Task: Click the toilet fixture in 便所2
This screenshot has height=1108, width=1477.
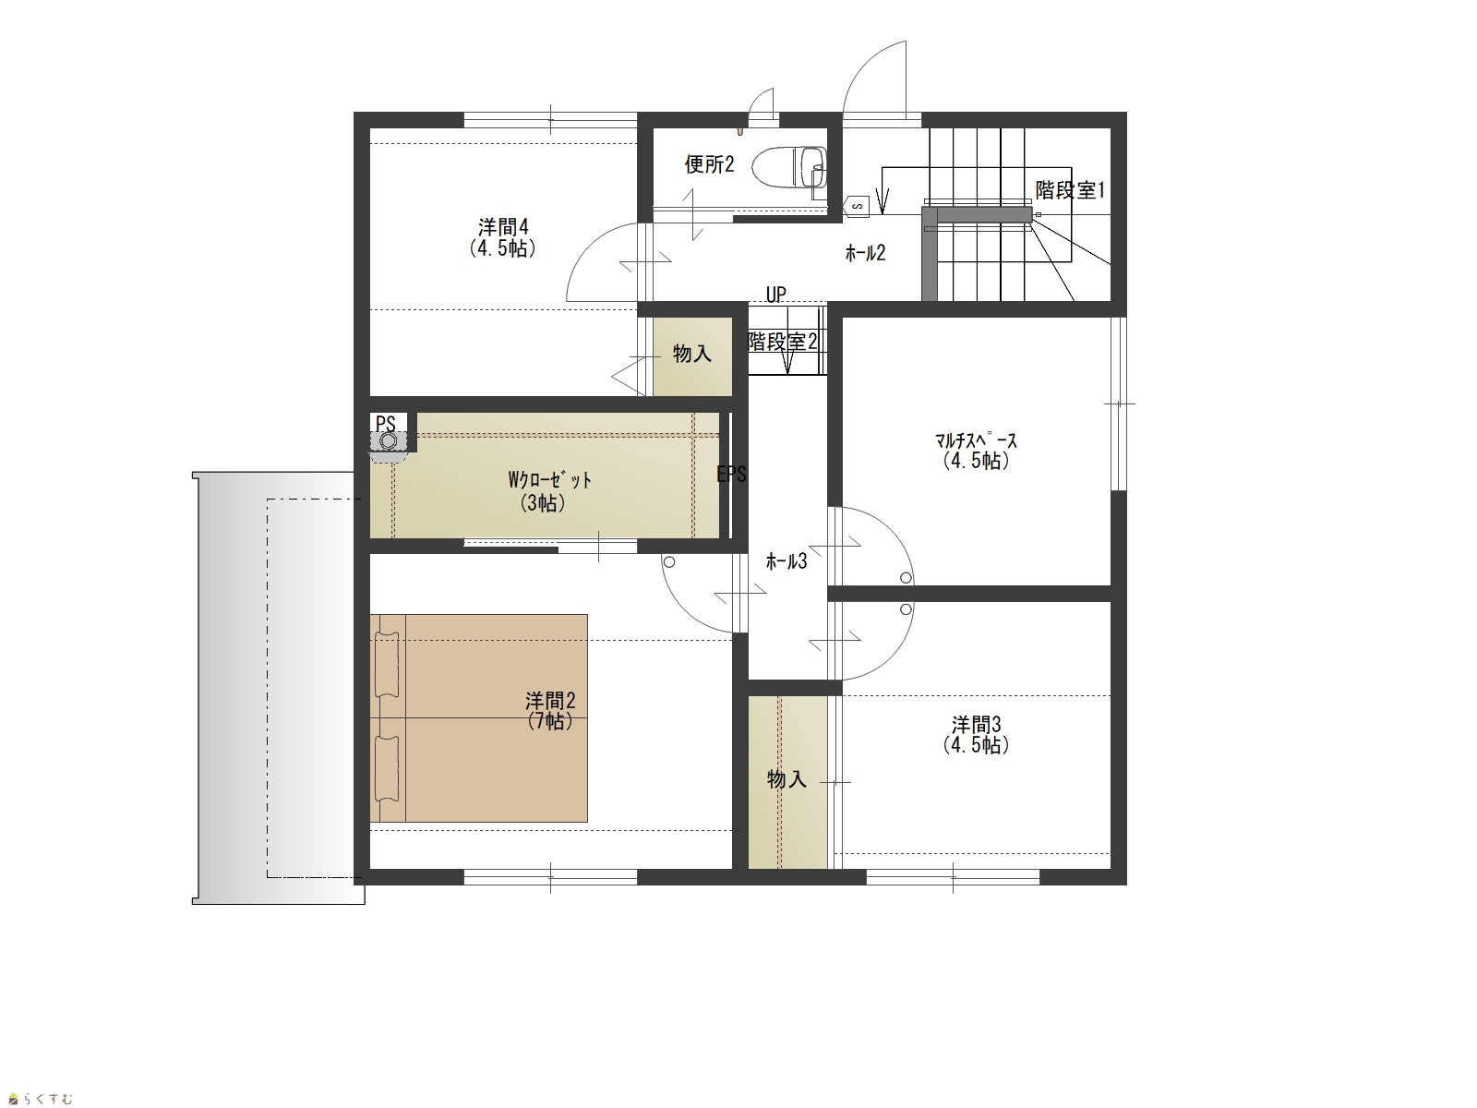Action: (x=788, y=167)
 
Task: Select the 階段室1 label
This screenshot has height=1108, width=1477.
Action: (x=1070, y=190)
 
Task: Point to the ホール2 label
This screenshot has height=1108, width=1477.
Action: (x=865, y=253)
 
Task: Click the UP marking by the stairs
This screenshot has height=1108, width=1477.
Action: (x=775, y=295)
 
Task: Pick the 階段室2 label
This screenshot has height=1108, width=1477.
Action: (x=783, y=342)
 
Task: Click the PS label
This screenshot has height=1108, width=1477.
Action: (x=386, y=424)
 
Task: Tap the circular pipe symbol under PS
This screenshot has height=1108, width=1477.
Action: (x=389, y=442)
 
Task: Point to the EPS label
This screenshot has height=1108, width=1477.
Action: (x=731, y=475)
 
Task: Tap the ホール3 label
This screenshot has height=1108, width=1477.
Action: (x=786, y=561)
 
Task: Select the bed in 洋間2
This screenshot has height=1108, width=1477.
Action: (x=478, y=717)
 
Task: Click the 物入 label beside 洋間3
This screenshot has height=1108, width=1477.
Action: (x=787, y=779)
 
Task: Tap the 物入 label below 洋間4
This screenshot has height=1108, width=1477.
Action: (x=691, y=354)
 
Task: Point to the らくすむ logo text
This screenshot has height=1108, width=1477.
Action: (x=47, y=1099)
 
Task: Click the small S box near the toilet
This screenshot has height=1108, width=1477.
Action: (x=857, y=206)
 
